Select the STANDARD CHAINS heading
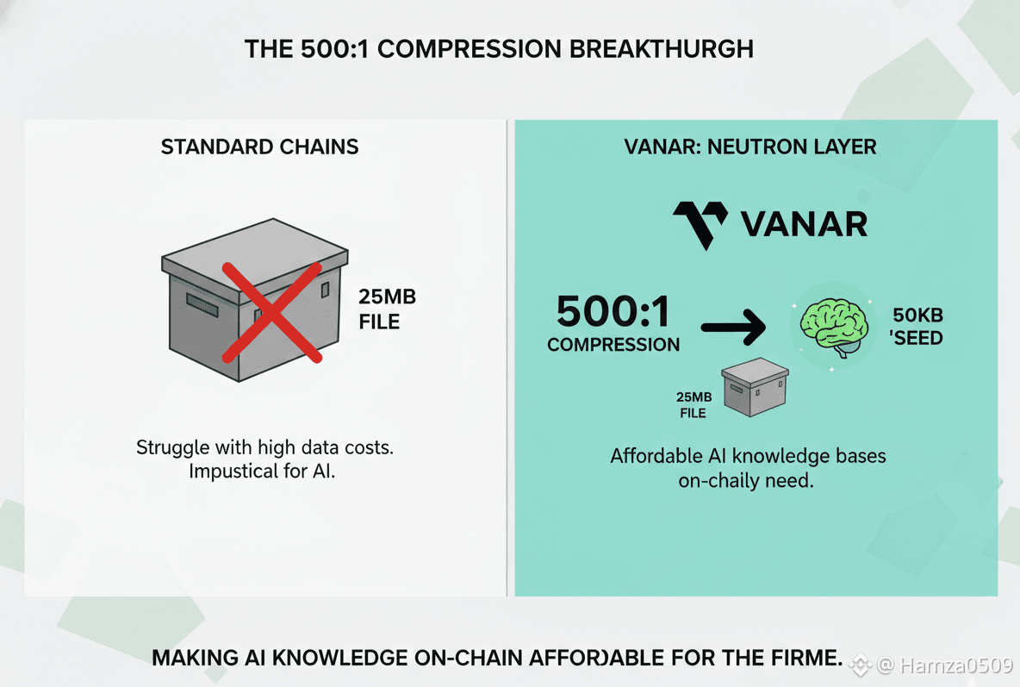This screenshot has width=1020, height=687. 259,147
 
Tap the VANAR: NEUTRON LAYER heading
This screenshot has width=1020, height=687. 749,147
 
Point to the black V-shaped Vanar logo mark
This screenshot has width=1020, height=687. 700,224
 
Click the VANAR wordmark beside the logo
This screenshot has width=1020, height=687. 804,224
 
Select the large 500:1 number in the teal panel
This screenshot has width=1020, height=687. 613,311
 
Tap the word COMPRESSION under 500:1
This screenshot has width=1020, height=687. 613,345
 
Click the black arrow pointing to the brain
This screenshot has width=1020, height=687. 732,327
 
